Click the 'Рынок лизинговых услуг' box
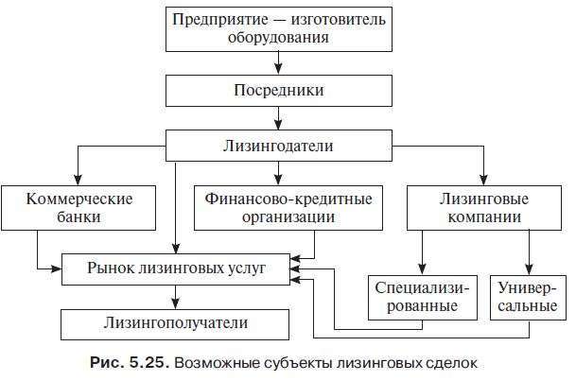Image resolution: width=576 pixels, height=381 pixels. click(x=176, y=268)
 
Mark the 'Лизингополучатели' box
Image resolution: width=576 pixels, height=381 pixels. click(x=176, y=323)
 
